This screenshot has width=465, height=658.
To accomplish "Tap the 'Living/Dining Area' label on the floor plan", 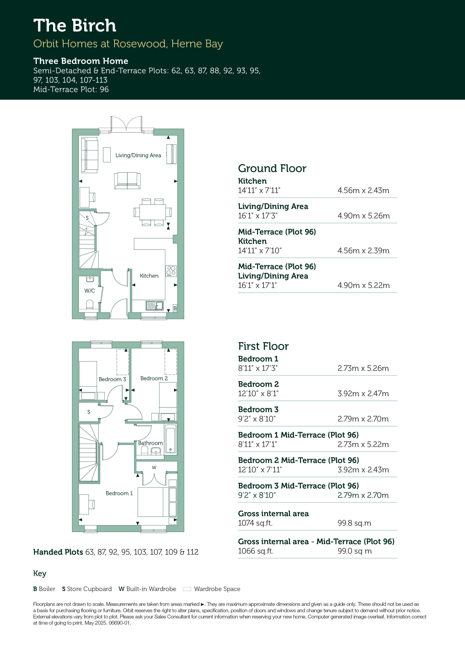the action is (x=138, y=155).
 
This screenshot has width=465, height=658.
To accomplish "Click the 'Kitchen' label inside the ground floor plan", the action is (x=149, y=276).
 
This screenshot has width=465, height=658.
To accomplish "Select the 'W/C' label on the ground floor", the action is (x=90, y=291).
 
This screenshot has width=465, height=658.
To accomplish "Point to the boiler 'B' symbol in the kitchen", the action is (x=175, y=308).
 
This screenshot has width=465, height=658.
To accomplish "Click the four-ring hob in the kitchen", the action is (x=171, y=271).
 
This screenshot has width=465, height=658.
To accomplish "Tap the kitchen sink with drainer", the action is (x=154, y=306).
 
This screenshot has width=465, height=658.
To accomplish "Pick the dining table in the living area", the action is (x=152, y=212).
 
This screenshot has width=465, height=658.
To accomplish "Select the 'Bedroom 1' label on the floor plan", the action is (x=119, y=493).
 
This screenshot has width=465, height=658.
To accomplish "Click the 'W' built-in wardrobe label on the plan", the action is (x=154, y=468).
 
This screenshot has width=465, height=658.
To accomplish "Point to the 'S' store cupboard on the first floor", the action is (x=89, y=412).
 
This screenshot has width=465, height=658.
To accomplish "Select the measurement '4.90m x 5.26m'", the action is (x=364, y=216).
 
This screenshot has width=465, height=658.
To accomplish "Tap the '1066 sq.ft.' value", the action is (x=256, y=551).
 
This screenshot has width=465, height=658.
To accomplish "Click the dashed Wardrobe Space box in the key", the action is (x=187, y=589).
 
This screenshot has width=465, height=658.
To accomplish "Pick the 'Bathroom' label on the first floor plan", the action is (x=150, y=443).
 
